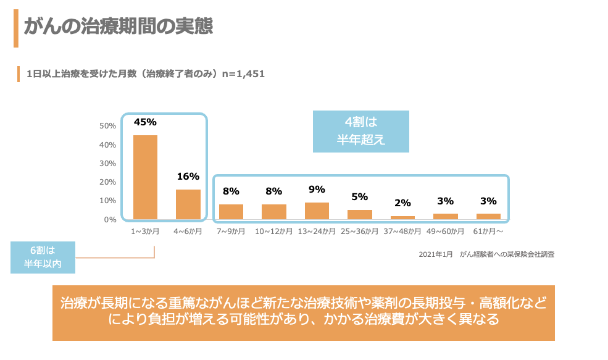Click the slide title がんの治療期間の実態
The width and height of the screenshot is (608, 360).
pos(119,27)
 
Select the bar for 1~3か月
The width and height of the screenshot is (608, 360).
pos(145,177)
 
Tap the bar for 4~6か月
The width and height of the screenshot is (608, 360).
pos(188,204)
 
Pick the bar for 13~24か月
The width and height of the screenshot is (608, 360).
pos(317,211)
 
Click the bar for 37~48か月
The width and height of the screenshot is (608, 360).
pos(402,217)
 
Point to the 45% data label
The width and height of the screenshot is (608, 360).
pos(145,122)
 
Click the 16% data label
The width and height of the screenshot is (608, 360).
pos(188,176)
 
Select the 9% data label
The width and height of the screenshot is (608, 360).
pos(317,189)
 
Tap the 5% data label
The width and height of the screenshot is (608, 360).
pos(359,196)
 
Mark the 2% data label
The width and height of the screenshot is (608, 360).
pos(402,203)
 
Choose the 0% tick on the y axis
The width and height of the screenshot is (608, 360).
pos(109,219)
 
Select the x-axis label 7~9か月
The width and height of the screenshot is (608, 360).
pos(231,232)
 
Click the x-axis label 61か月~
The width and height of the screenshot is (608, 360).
pos(488,232)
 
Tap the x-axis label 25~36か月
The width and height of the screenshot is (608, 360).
pos(359,232)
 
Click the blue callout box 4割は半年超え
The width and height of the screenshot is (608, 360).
pos(361,131)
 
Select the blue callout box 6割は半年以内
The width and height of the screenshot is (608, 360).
pos(43,257)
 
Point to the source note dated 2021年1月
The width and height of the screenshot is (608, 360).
pos(486,254)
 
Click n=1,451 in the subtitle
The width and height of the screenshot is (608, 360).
pos(244,74)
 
